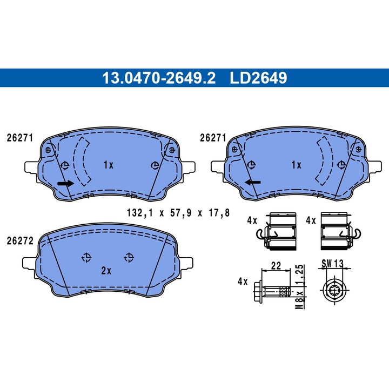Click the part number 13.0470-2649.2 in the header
(x=159, y=78)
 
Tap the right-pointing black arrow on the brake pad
(x=65, y=184)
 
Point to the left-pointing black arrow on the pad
(x=252, y=182)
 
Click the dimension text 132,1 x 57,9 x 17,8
(x=178, y=213)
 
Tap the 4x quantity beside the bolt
(x=242, y=281)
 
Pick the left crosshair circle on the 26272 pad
(x=86, y=257)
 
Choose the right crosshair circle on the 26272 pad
(x=128, y=257)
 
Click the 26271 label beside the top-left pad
(x=19, y=138)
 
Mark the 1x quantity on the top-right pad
(x=296, y=165)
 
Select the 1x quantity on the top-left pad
(x=108, y=165)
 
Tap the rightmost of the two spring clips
(x=337, y=230)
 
